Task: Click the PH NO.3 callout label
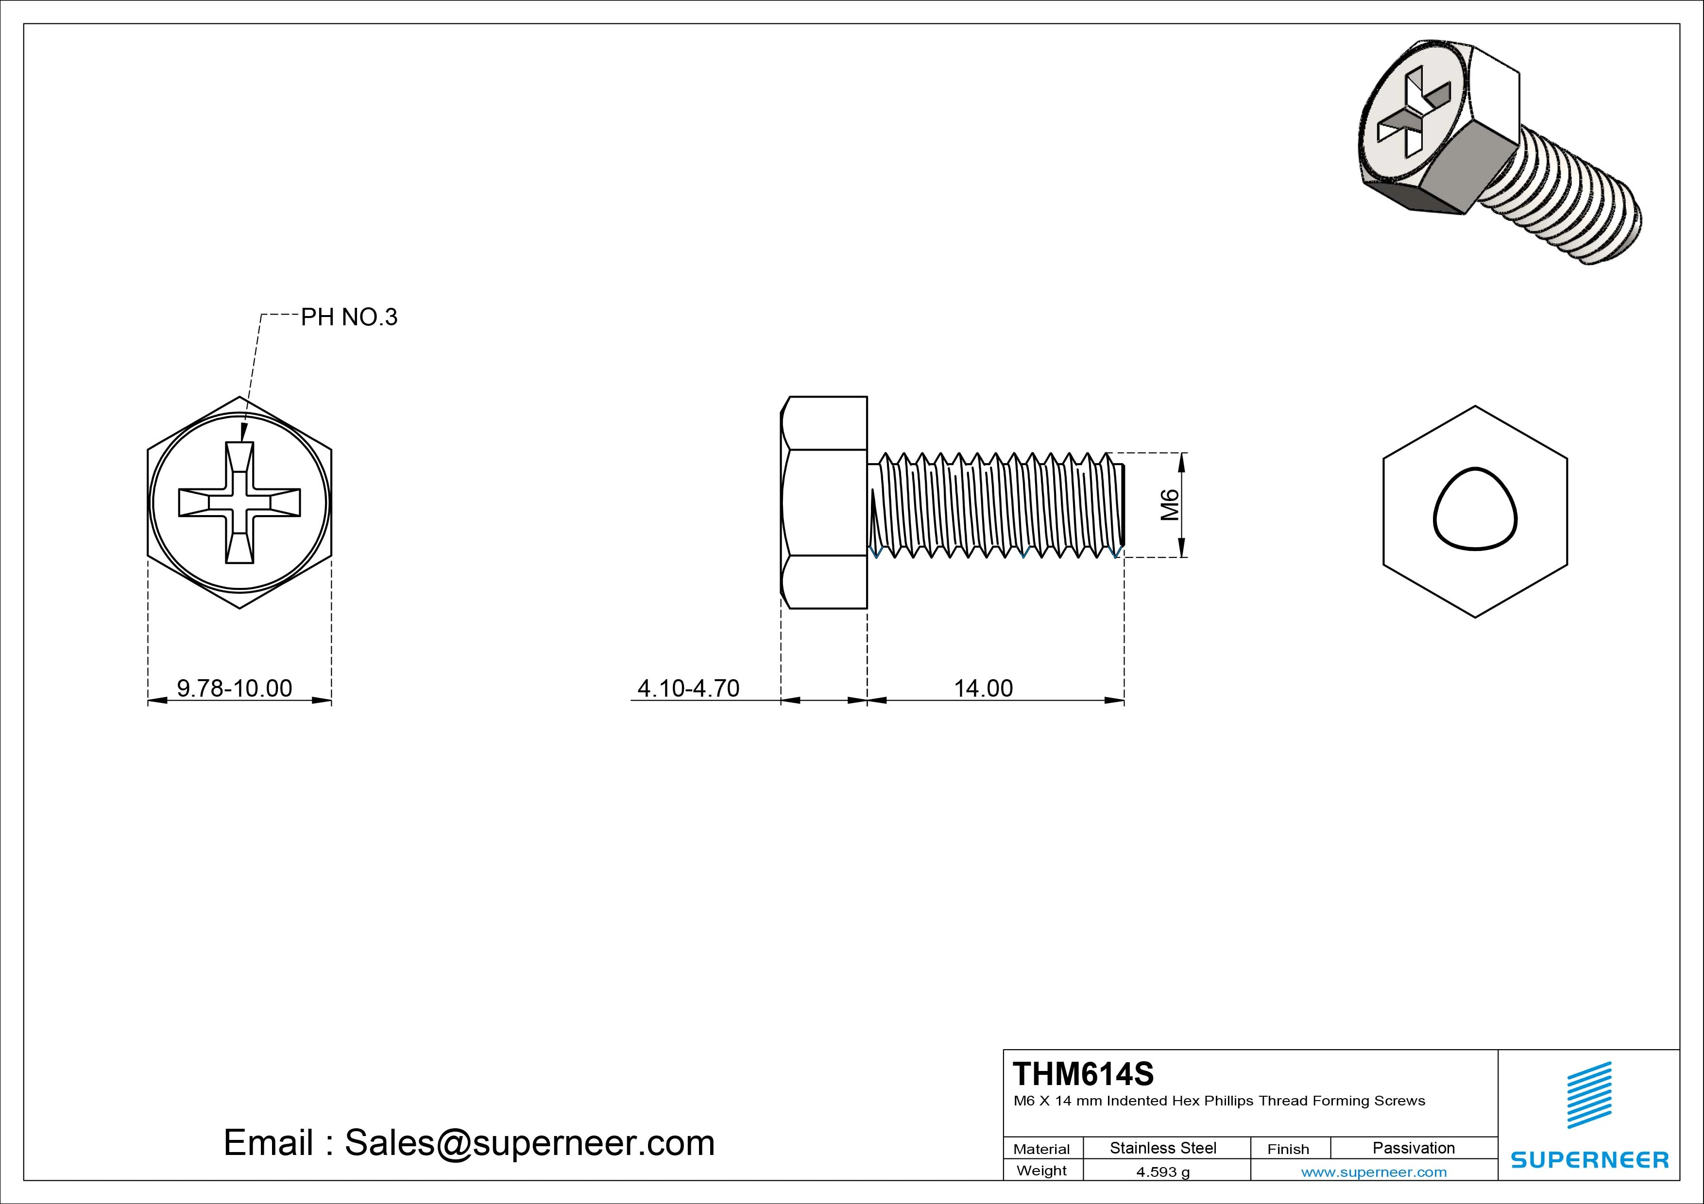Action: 349,318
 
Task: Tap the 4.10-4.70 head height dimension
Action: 688,688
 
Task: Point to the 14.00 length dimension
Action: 983,688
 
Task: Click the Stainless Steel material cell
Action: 1162,1148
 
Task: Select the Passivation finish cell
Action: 1413,1148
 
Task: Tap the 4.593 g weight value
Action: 1162,1172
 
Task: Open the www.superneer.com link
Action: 1374,1172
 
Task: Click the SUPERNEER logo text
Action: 1589,1159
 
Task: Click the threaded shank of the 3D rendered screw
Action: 1573,201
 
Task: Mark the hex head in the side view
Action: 824,502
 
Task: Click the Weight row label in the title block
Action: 1041,1171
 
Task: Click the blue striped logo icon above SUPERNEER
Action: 1589,1094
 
